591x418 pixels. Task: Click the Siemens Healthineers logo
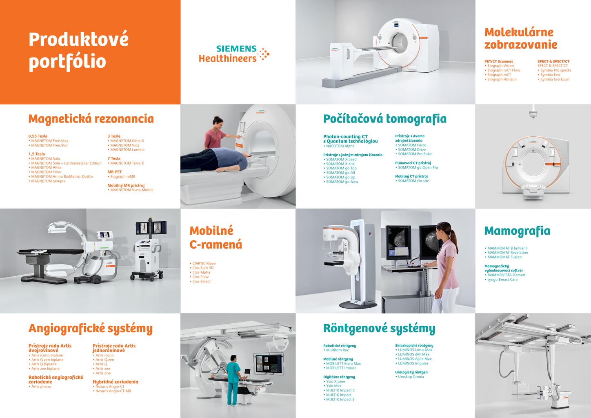coord(234,54)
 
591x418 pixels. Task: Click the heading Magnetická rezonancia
coord(91,119)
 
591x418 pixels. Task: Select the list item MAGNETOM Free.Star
coord(48,145)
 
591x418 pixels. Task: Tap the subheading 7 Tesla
coord(114,159)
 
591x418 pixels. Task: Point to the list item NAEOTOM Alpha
coord(339,146)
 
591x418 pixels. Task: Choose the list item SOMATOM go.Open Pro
coord(417,168)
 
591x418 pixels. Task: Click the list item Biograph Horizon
coord(500,79)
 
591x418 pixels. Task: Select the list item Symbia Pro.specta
coord(554,70)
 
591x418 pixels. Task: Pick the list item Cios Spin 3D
coord(202,268)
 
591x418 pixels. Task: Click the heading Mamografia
coord(517,231)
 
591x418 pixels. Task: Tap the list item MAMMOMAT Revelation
coord(506,253)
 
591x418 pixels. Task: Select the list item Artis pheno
coord(40,387)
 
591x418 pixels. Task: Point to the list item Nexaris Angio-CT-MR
coord(112,391)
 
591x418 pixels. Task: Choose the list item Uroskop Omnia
coord(409,377)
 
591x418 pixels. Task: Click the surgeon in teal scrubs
coord(232,380)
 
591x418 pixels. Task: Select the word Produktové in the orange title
coord(79,40)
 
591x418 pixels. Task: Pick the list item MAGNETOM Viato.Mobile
coord(130,190)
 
